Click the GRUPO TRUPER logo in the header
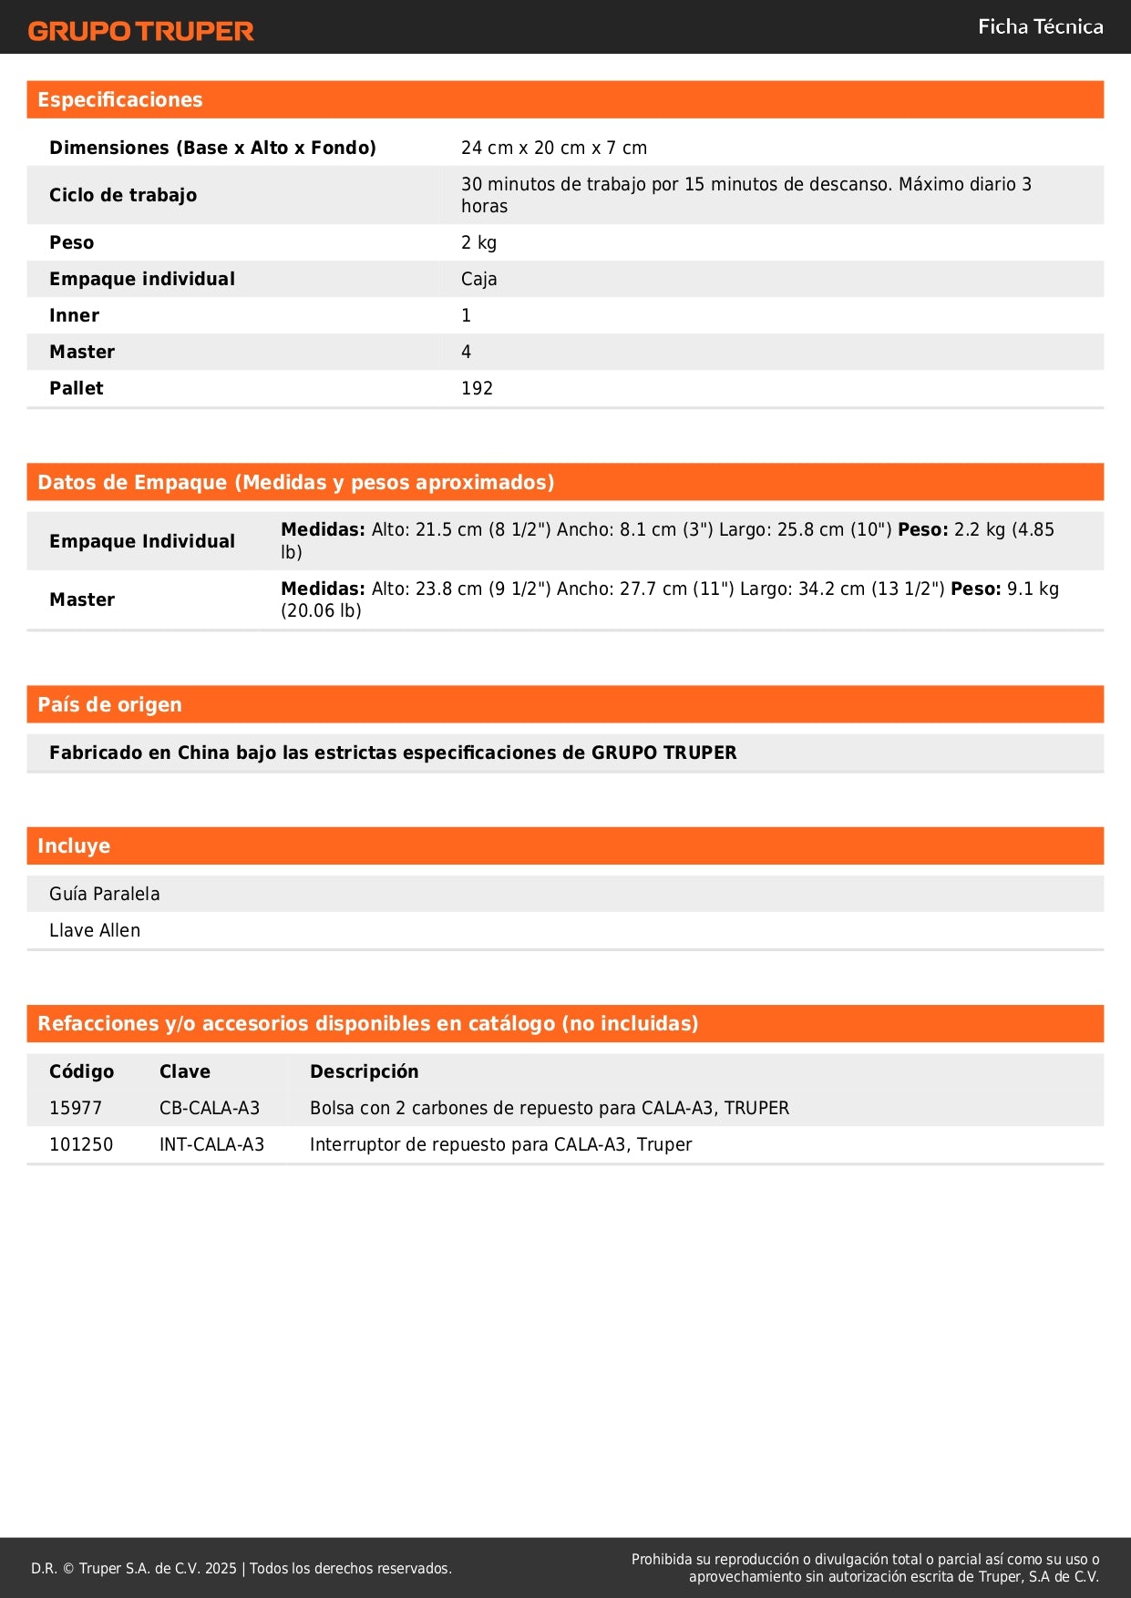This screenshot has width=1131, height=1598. (x=140, y=31)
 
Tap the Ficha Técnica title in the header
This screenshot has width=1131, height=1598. (x=1040, y=26)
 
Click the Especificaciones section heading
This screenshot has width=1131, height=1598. (x=119, y=99)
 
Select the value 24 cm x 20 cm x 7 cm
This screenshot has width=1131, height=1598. (x=553, y=148)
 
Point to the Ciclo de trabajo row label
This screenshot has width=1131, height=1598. (x=123, y=195)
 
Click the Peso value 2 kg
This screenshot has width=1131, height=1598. (x=478, y=242)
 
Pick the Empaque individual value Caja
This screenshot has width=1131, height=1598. (x=478, y=279)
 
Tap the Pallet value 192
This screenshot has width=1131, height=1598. (x=477, y=388)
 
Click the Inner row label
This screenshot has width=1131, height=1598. (x=74, y=315)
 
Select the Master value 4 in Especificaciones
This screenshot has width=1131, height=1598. (x=466, y=352)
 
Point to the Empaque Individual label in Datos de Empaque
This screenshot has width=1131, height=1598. (x=142, y=541)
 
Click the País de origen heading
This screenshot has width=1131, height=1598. (x=109, y=704)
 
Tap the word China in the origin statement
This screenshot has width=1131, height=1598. (x=203, y=753)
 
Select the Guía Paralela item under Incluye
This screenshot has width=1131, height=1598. (x=104, y=894)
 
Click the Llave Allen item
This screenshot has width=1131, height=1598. (x=95, y=930)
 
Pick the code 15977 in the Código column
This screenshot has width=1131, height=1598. (x=76, y=1108)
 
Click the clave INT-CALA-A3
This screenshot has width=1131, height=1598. (x=211, y=1144)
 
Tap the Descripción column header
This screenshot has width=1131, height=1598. (x=364, y=1071)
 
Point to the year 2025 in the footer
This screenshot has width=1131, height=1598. (x=221, y=1568)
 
